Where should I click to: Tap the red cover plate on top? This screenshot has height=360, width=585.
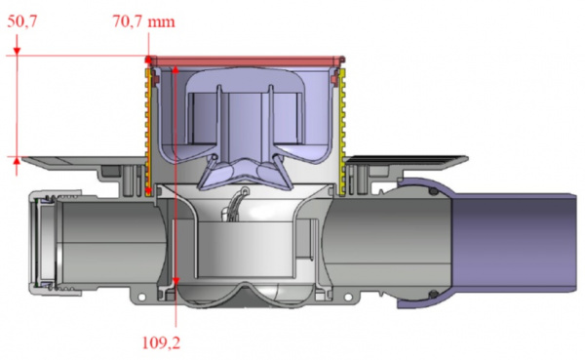pyautogui.click(x=245, y=61)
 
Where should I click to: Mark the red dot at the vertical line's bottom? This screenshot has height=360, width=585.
pyautogui.click(x=175, y=281)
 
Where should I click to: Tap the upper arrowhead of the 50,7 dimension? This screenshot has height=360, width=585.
pyautogui.click(x=18, y=61)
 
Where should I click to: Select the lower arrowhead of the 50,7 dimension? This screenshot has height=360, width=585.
pyautogui.click(x=18, y=153)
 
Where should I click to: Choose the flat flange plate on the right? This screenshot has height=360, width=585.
pyautogui.click(x=409, y=160)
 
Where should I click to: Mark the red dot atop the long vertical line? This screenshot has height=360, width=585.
pyautogui.click(x=175, y=70)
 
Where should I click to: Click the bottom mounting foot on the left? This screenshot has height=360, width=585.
pyautogui.click(x=148, y=290)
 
